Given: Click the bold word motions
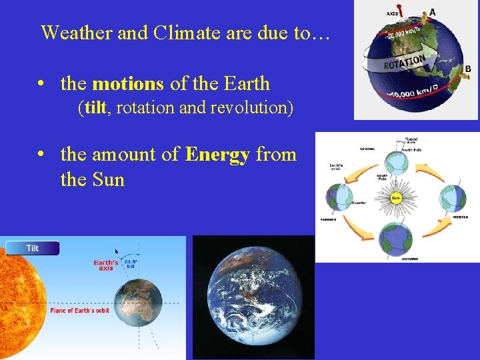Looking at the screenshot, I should pos(127,84).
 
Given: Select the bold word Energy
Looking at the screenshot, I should pos(217,155).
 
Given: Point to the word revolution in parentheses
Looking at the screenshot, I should pos(250,108).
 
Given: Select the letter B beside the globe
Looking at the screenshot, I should pos(468,69).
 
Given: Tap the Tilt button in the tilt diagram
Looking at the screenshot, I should pos(32,248).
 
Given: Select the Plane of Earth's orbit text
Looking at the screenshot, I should pos(81,311).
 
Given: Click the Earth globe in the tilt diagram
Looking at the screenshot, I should pos(138,303).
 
